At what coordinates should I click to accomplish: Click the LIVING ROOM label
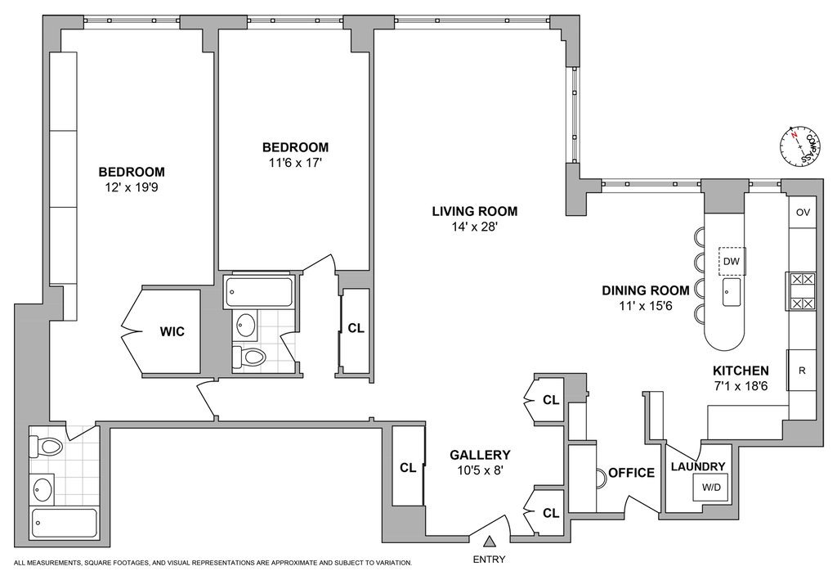click(x=475, y=212)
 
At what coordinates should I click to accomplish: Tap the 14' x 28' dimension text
click(x=475, y=227)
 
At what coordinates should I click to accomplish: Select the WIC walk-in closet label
click(x=172, y=331)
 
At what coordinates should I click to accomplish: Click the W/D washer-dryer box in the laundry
click(x=710, y=487)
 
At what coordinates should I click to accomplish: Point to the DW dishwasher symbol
click(x=732, y=261)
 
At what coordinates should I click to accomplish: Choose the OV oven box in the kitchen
click(x=803, y=212)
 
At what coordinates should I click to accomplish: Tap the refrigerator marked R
click(x=802, y=371)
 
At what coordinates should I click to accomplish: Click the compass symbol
click(x=800, y=146)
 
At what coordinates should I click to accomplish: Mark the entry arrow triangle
click(x=489, y=542)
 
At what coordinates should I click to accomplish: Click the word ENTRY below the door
click(x=489, y=560)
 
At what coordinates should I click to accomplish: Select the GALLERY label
click(x=480, y=455)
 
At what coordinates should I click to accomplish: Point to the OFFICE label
click(x=632, y=473)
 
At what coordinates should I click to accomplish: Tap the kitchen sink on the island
click(x=732, y=292)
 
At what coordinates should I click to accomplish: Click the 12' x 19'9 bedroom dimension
click(x=132, y=188)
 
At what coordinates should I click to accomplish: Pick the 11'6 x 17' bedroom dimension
click(x=295, y=163)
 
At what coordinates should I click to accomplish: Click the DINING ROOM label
click(x=646, y=290)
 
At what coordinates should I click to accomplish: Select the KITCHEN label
click(x=741, y=371)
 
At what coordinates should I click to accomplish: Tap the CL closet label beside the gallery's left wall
click(x=409, y=468)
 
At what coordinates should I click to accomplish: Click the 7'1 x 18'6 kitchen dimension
click(x=741, y=386)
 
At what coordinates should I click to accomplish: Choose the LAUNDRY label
click(x=698, y=467)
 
